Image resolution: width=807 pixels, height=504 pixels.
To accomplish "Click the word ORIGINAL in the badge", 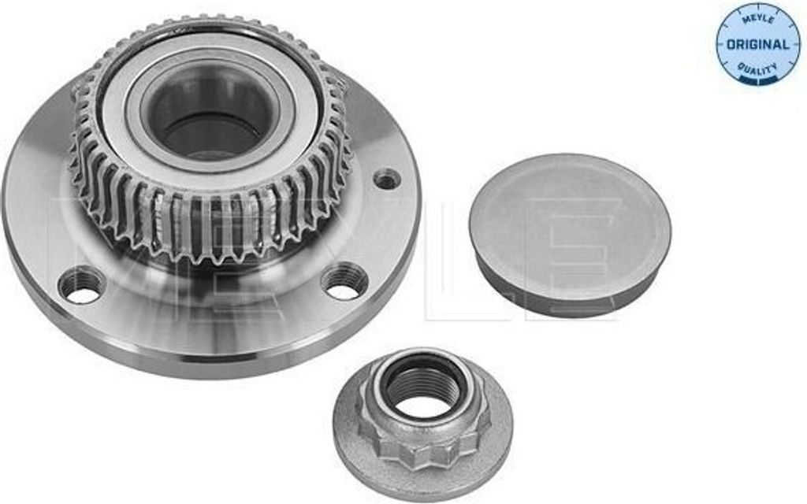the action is coord(757,44).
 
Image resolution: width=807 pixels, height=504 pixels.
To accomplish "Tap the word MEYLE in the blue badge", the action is coord(757,20).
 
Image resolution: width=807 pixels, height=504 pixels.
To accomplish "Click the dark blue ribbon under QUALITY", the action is coord(757,80).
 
